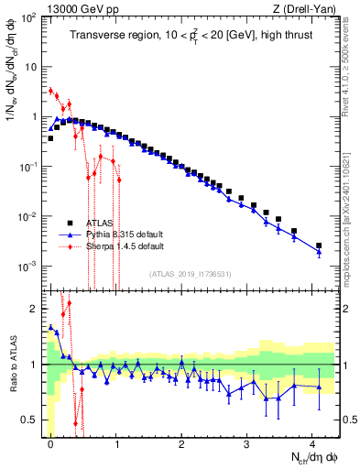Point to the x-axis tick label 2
coord(181,442)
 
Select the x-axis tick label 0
coord(50,442)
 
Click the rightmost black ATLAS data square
coord(319,245)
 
